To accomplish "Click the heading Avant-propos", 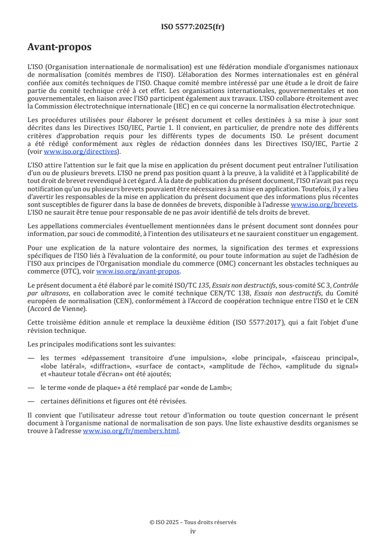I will click(59, 47).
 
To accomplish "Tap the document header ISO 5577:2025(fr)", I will click(193, 27).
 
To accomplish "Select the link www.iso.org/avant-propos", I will click(138, 271).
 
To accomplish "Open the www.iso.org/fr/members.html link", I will click(131, 431).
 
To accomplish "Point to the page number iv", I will click(193, 531).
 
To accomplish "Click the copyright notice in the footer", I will click(193, 522).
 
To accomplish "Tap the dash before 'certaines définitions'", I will click(32, 401).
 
